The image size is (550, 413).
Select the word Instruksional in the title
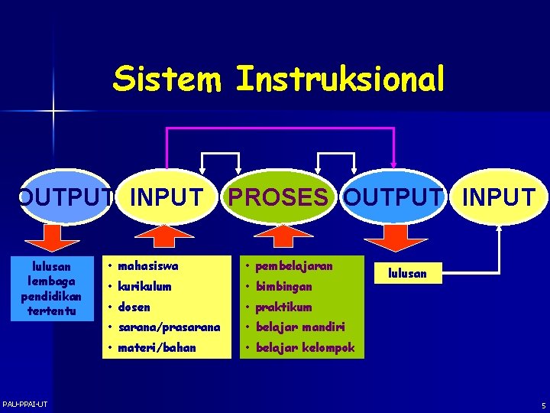[340, 79]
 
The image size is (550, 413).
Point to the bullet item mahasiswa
[148, 266]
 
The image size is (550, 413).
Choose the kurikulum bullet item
[145, 287]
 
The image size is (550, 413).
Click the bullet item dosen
[134, 307]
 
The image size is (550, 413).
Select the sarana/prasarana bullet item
[169, 327]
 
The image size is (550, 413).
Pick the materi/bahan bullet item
[157, 348]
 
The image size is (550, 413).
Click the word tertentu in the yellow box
[47, 311]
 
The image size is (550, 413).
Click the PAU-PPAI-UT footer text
[24, 404]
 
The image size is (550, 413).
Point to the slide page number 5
[543, 405]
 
